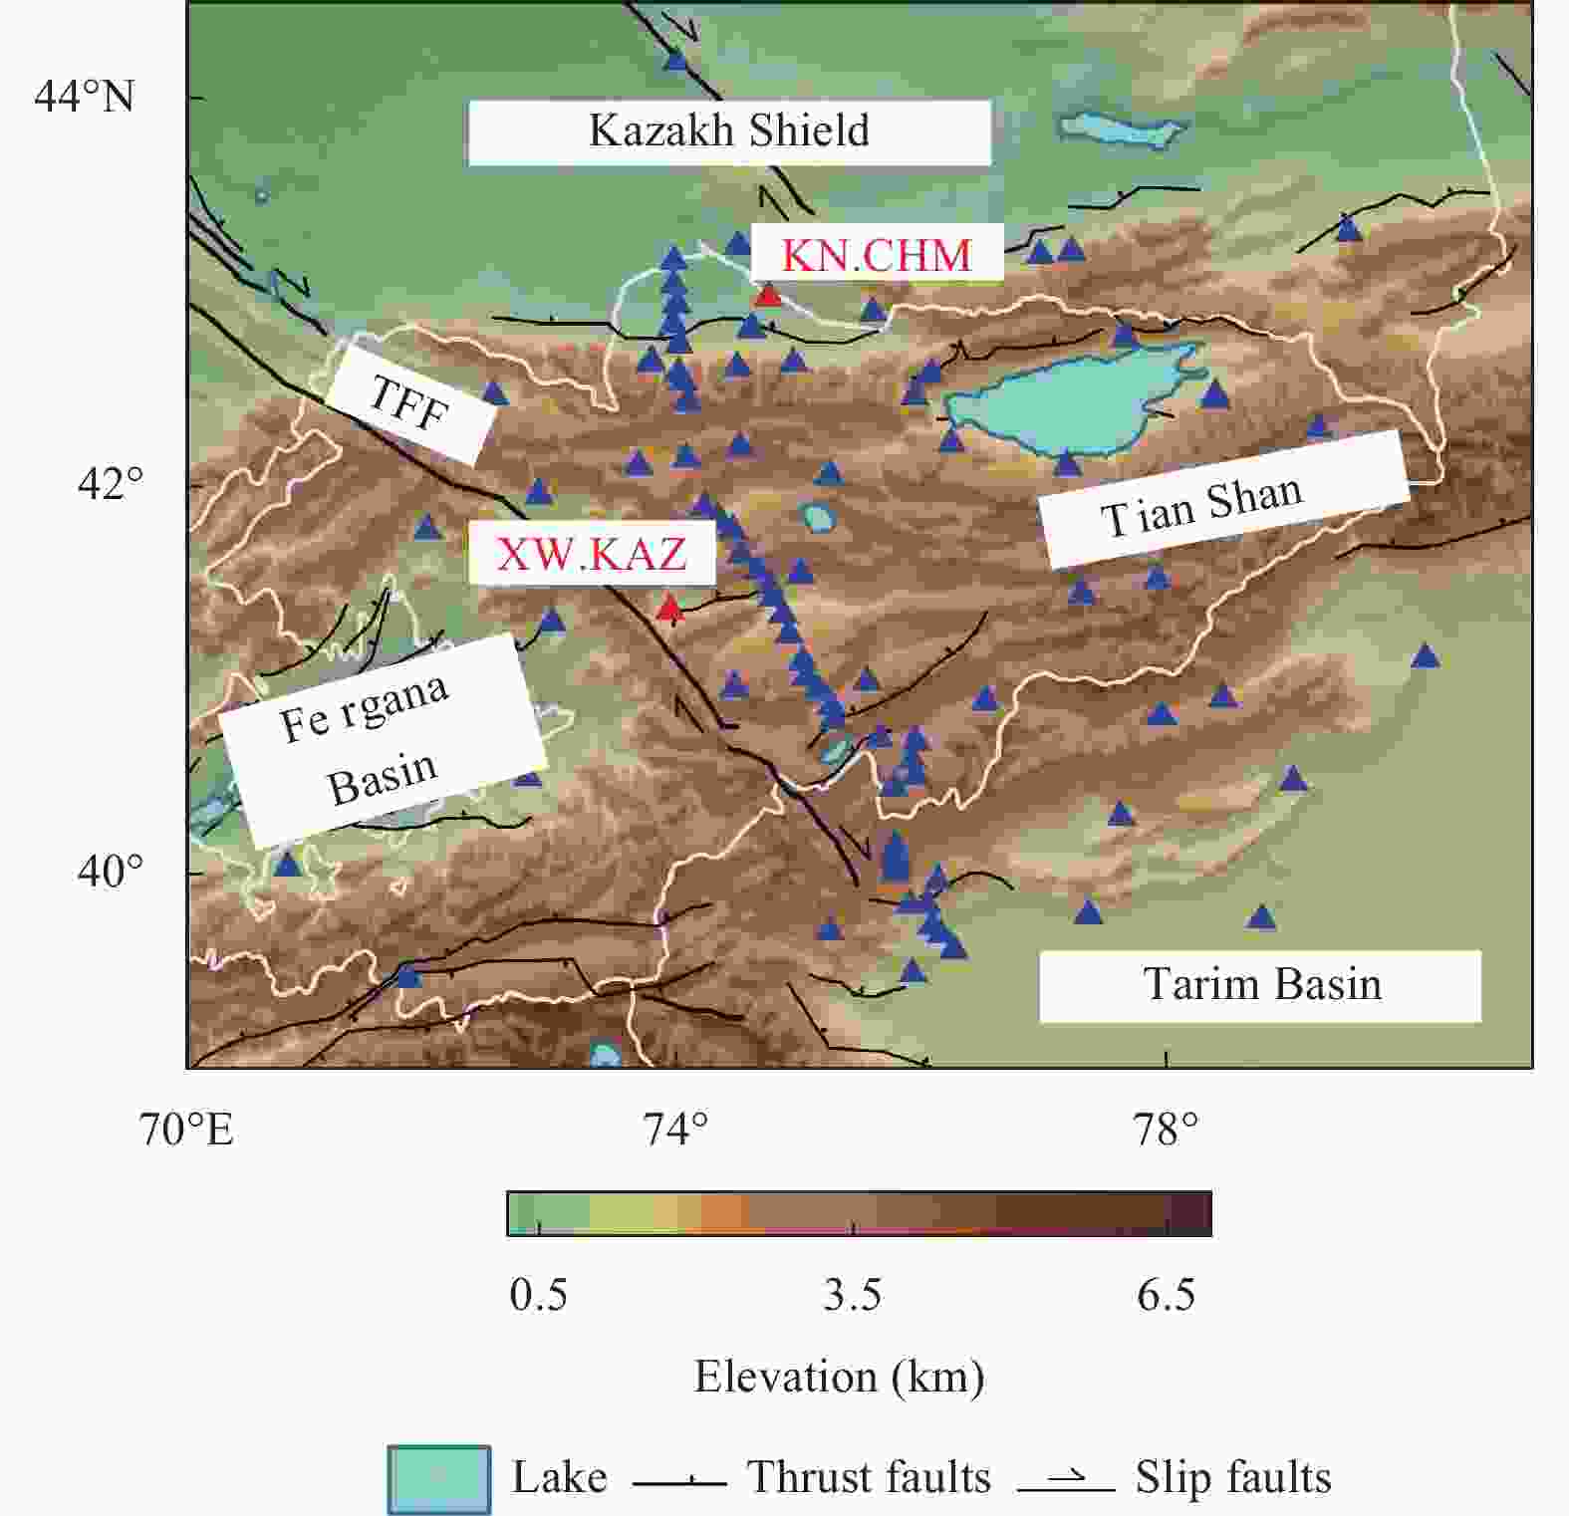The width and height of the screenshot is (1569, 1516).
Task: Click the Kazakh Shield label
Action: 729,130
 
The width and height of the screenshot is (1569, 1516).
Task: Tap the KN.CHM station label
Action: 876,255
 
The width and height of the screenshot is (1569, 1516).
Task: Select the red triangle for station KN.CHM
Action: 768,295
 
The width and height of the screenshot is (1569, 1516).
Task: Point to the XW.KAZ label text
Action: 592,554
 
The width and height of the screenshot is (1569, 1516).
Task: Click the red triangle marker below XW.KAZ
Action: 669,607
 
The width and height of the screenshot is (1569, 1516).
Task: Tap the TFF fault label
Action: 409,402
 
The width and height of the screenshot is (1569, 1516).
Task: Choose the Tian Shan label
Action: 1201,504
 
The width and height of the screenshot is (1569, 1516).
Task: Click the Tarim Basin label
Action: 1262,984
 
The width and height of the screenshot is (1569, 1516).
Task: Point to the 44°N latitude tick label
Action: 84,97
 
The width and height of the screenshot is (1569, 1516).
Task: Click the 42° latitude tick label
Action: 110,484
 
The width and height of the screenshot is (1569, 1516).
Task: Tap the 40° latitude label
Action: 110,872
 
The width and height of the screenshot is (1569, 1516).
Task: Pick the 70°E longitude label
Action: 186,1130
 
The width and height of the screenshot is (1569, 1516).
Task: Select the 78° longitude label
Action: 1166,1130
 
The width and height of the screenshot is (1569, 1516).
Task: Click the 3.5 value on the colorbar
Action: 853,1295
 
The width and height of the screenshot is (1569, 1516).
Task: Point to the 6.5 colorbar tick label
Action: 1166,1295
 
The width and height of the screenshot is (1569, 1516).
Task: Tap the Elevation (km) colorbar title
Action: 839,1377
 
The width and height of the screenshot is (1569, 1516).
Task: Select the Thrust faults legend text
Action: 869,1477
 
